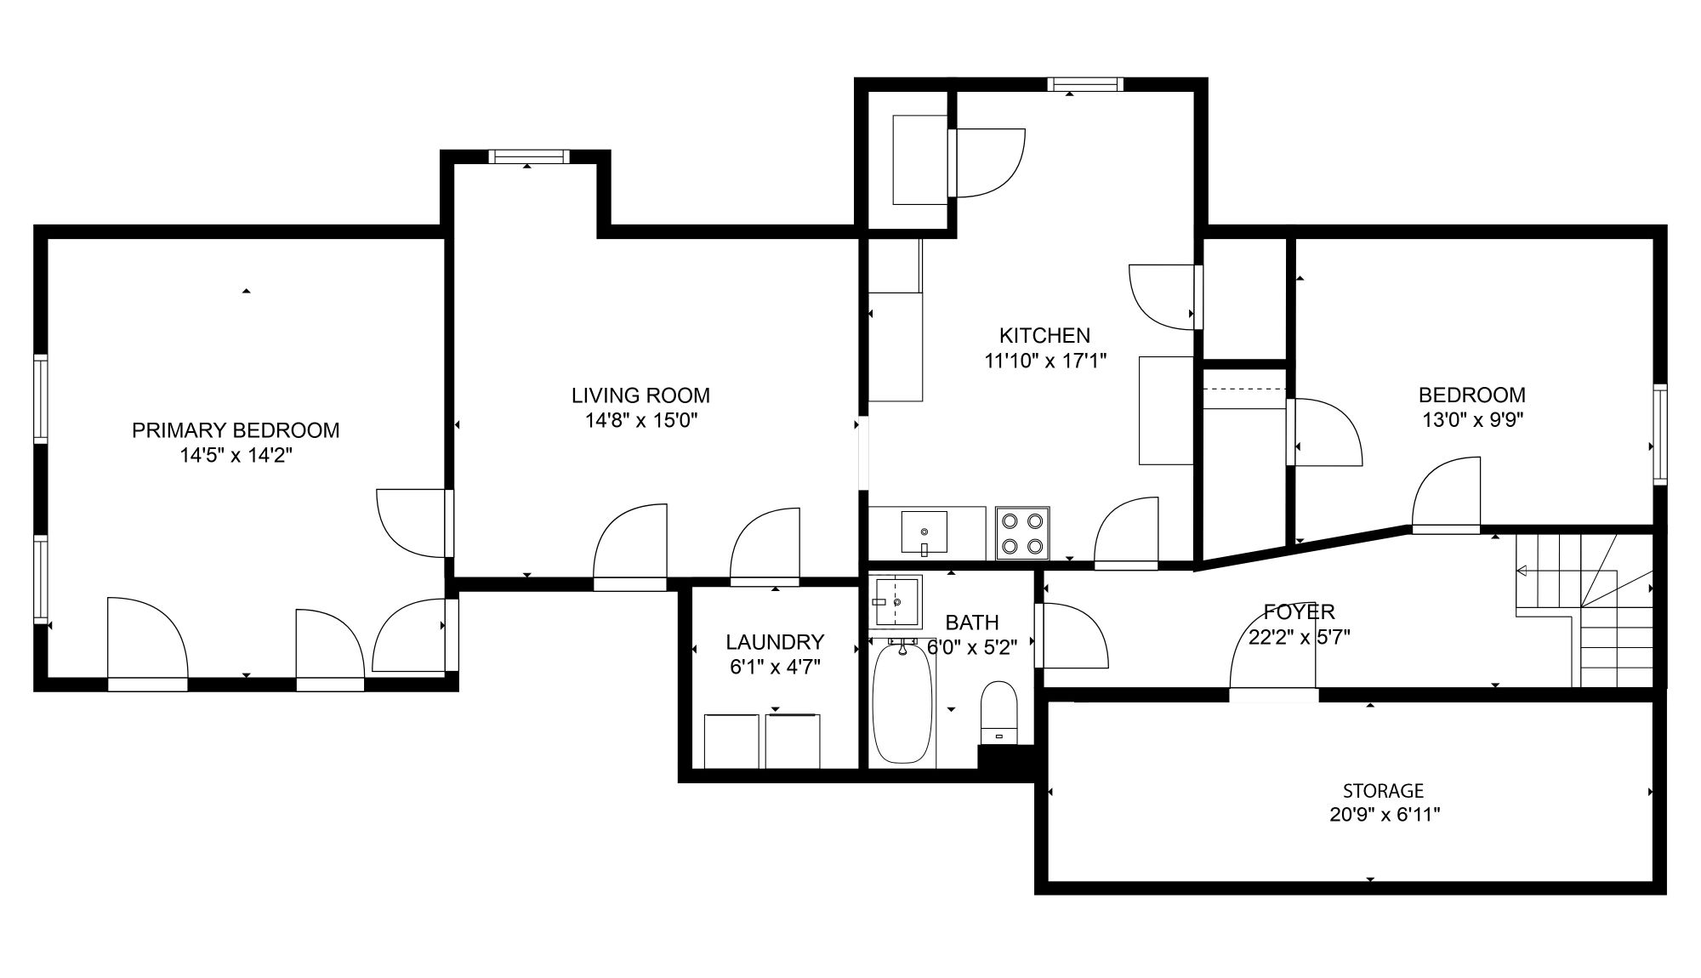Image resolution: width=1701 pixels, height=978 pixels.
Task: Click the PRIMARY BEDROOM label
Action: tap(236, 430)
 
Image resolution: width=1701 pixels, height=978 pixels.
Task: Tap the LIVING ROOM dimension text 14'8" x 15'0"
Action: tap(640, 420)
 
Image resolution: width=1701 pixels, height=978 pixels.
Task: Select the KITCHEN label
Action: tap(1044, 335)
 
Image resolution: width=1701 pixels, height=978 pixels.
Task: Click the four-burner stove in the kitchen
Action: tap(1022, 533)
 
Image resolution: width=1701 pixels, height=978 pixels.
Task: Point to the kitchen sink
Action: tap(924, 532)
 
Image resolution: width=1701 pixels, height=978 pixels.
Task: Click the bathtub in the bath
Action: tap(902, 703)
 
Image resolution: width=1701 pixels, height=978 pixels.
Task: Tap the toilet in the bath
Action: tap(999, 713)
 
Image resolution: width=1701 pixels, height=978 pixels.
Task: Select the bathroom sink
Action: tap(896, 602)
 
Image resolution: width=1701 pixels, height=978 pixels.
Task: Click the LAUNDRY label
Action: tap(775, 642)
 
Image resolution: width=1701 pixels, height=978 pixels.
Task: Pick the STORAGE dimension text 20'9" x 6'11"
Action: tap(1385, 815)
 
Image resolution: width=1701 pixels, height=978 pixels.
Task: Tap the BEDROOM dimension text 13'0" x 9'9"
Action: tap(1472, 419)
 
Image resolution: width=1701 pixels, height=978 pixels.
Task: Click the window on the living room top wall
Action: tap(528, 156)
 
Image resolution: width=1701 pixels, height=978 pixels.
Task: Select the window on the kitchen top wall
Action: tap(1085, 84)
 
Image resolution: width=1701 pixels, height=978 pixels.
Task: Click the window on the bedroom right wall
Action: tap(1660, 435)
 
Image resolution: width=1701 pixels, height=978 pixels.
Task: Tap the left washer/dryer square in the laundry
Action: tap(731, 742)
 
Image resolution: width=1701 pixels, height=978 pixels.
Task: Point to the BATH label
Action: tap(972, 623)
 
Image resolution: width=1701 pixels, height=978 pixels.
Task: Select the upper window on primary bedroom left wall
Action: tap(41, 399)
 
